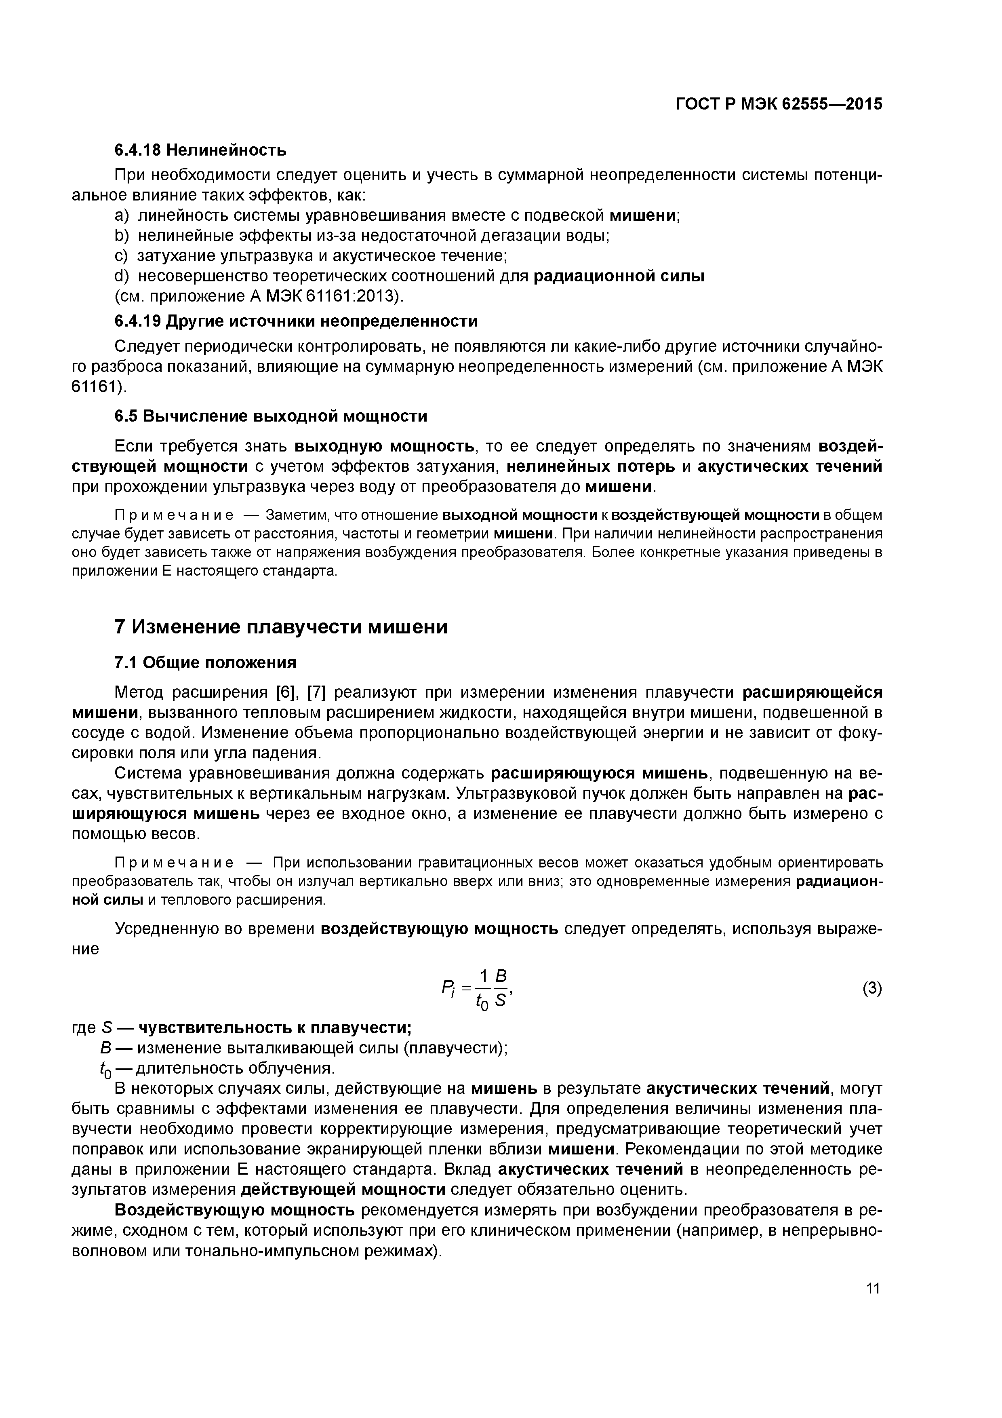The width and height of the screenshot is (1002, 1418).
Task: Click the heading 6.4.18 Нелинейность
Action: [201, 150]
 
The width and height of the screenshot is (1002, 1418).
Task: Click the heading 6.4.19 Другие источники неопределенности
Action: [296, 321]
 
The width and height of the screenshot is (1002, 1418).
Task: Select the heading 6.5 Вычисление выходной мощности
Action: [271, 416]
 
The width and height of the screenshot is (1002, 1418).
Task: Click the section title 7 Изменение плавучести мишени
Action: [281, 627]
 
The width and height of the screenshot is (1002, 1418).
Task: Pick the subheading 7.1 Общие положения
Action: [206, 663]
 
